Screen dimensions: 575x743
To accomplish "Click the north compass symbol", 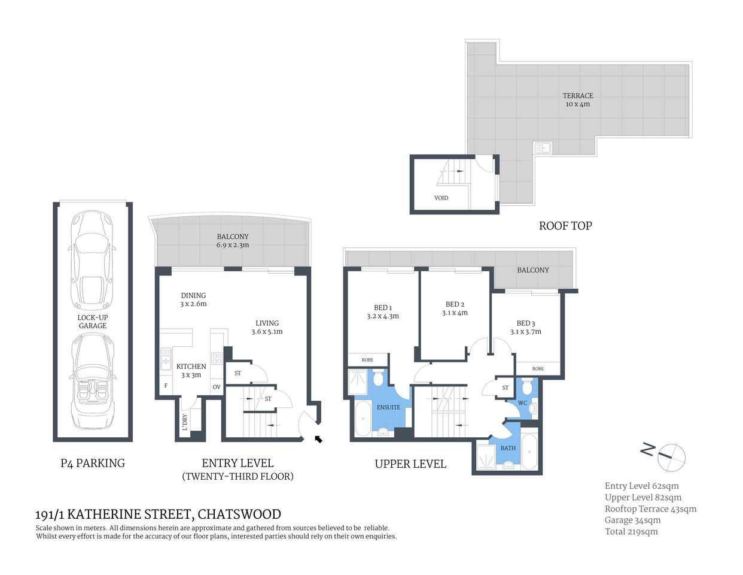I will (671, 455).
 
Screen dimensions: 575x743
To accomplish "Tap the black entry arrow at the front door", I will (318, 440).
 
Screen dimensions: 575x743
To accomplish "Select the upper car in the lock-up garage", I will (92, 259).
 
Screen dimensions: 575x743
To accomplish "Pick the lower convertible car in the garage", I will (92, 382).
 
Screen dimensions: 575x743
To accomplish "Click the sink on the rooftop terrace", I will (543, 147).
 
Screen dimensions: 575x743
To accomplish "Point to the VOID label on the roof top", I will (441, 198).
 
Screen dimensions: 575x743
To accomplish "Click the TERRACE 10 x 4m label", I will (577, 99).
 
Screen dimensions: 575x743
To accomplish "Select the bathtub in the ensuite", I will (363, 418).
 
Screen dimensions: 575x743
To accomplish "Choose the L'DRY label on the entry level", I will (185, 422).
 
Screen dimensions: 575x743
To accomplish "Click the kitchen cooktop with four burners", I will (217, 359).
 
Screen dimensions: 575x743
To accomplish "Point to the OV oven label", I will (217, 387).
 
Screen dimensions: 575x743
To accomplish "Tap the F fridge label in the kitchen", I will (166, 386).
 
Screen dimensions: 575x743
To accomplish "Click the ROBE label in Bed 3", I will (538, 368).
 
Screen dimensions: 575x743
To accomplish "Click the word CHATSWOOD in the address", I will (239, 514).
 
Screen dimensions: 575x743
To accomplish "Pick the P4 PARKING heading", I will (93, 462).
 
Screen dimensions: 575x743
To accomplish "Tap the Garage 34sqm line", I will (632, 520).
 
